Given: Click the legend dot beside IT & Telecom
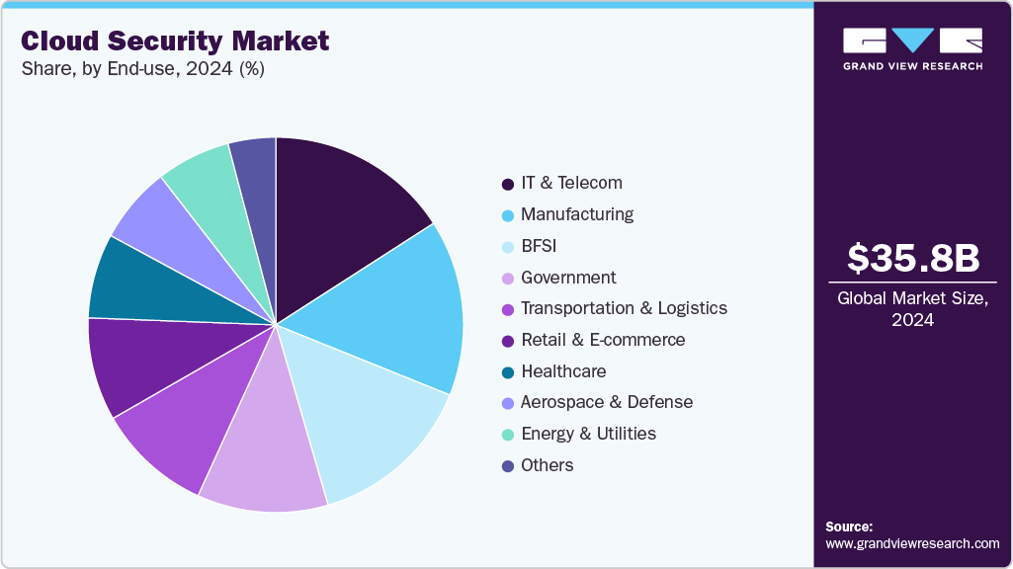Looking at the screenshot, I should point(507,184).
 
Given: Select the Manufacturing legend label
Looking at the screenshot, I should point(577,214).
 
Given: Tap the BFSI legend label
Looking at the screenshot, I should point(540,246).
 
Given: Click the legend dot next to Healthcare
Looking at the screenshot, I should point(507,372).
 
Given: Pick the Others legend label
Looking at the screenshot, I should point(547,465).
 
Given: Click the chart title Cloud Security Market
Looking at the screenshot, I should point(175,41).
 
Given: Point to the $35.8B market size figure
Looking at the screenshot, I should point(912,258).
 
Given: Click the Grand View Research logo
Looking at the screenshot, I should point(912,48).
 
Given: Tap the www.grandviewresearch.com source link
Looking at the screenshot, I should point(912,543).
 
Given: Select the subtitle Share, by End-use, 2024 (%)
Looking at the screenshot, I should point(142,69).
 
